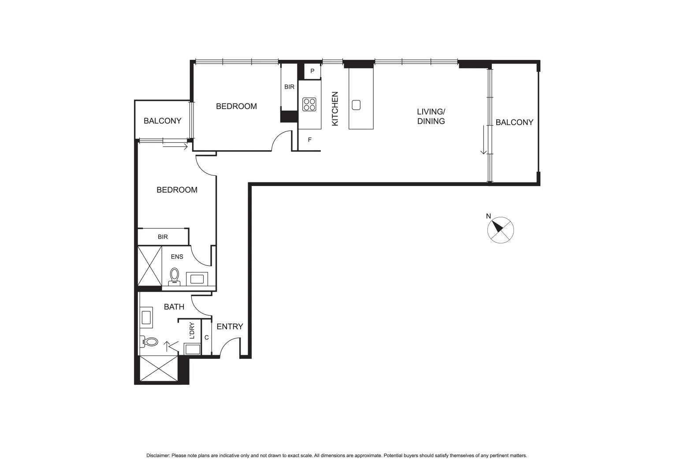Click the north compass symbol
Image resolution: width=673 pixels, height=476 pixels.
pos(500,230)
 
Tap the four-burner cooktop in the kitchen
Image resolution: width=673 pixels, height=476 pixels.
pos(309,104)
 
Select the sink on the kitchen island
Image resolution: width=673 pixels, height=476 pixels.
pos(356,105)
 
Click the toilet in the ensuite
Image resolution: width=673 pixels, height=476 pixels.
pos(175,276)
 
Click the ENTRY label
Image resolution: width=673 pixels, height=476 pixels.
pos(230,327)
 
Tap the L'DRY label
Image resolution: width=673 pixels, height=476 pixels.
pos(192,331)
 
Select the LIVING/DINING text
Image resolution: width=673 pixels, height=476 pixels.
pos(431,116)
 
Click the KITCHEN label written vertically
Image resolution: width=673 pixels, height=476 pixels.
pos(335,109)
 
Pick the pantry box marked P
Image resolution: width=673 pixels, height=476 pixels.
pos(312,71)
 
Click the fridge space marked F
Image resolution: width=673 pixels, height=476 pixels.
pos(309,140)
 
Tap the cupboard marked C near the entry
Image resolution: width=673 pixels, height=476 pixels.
pos(206,338)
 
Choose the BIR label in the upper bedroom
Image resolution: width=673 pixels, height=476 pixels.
pos(289,87)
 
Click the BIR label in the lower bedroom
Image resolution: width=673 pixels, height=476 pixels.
pos(163,237)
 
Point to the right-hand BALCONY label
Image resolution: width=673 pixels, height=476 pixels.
pos(514,122)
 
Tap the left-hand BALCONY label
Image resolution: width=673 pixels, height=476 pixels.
pos(162,121)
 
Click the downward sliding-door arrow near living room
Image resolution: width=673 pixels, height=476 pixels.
pos(483,140)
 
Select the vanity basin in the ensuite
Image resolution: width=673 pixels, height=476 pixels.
pos(197,279)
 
